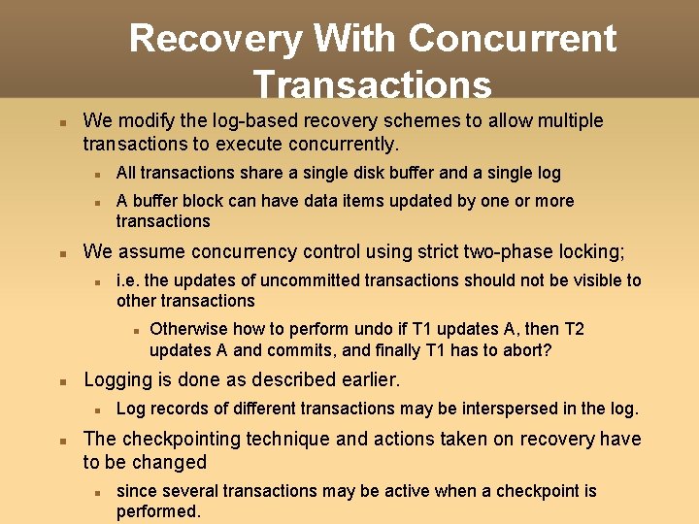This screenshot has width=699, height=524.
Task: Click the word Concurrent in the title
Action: pos(513,39)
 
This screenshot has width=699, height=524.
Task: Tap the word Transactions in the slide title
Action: pos(372,85)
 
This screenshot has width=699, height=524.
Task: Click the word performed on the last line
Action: pos(157,511)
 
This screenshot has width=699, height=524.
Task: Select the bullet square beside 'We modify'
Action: pos(61,124)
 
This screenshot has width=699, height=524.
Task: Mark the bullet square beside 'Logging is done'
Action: pos(61,382)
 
